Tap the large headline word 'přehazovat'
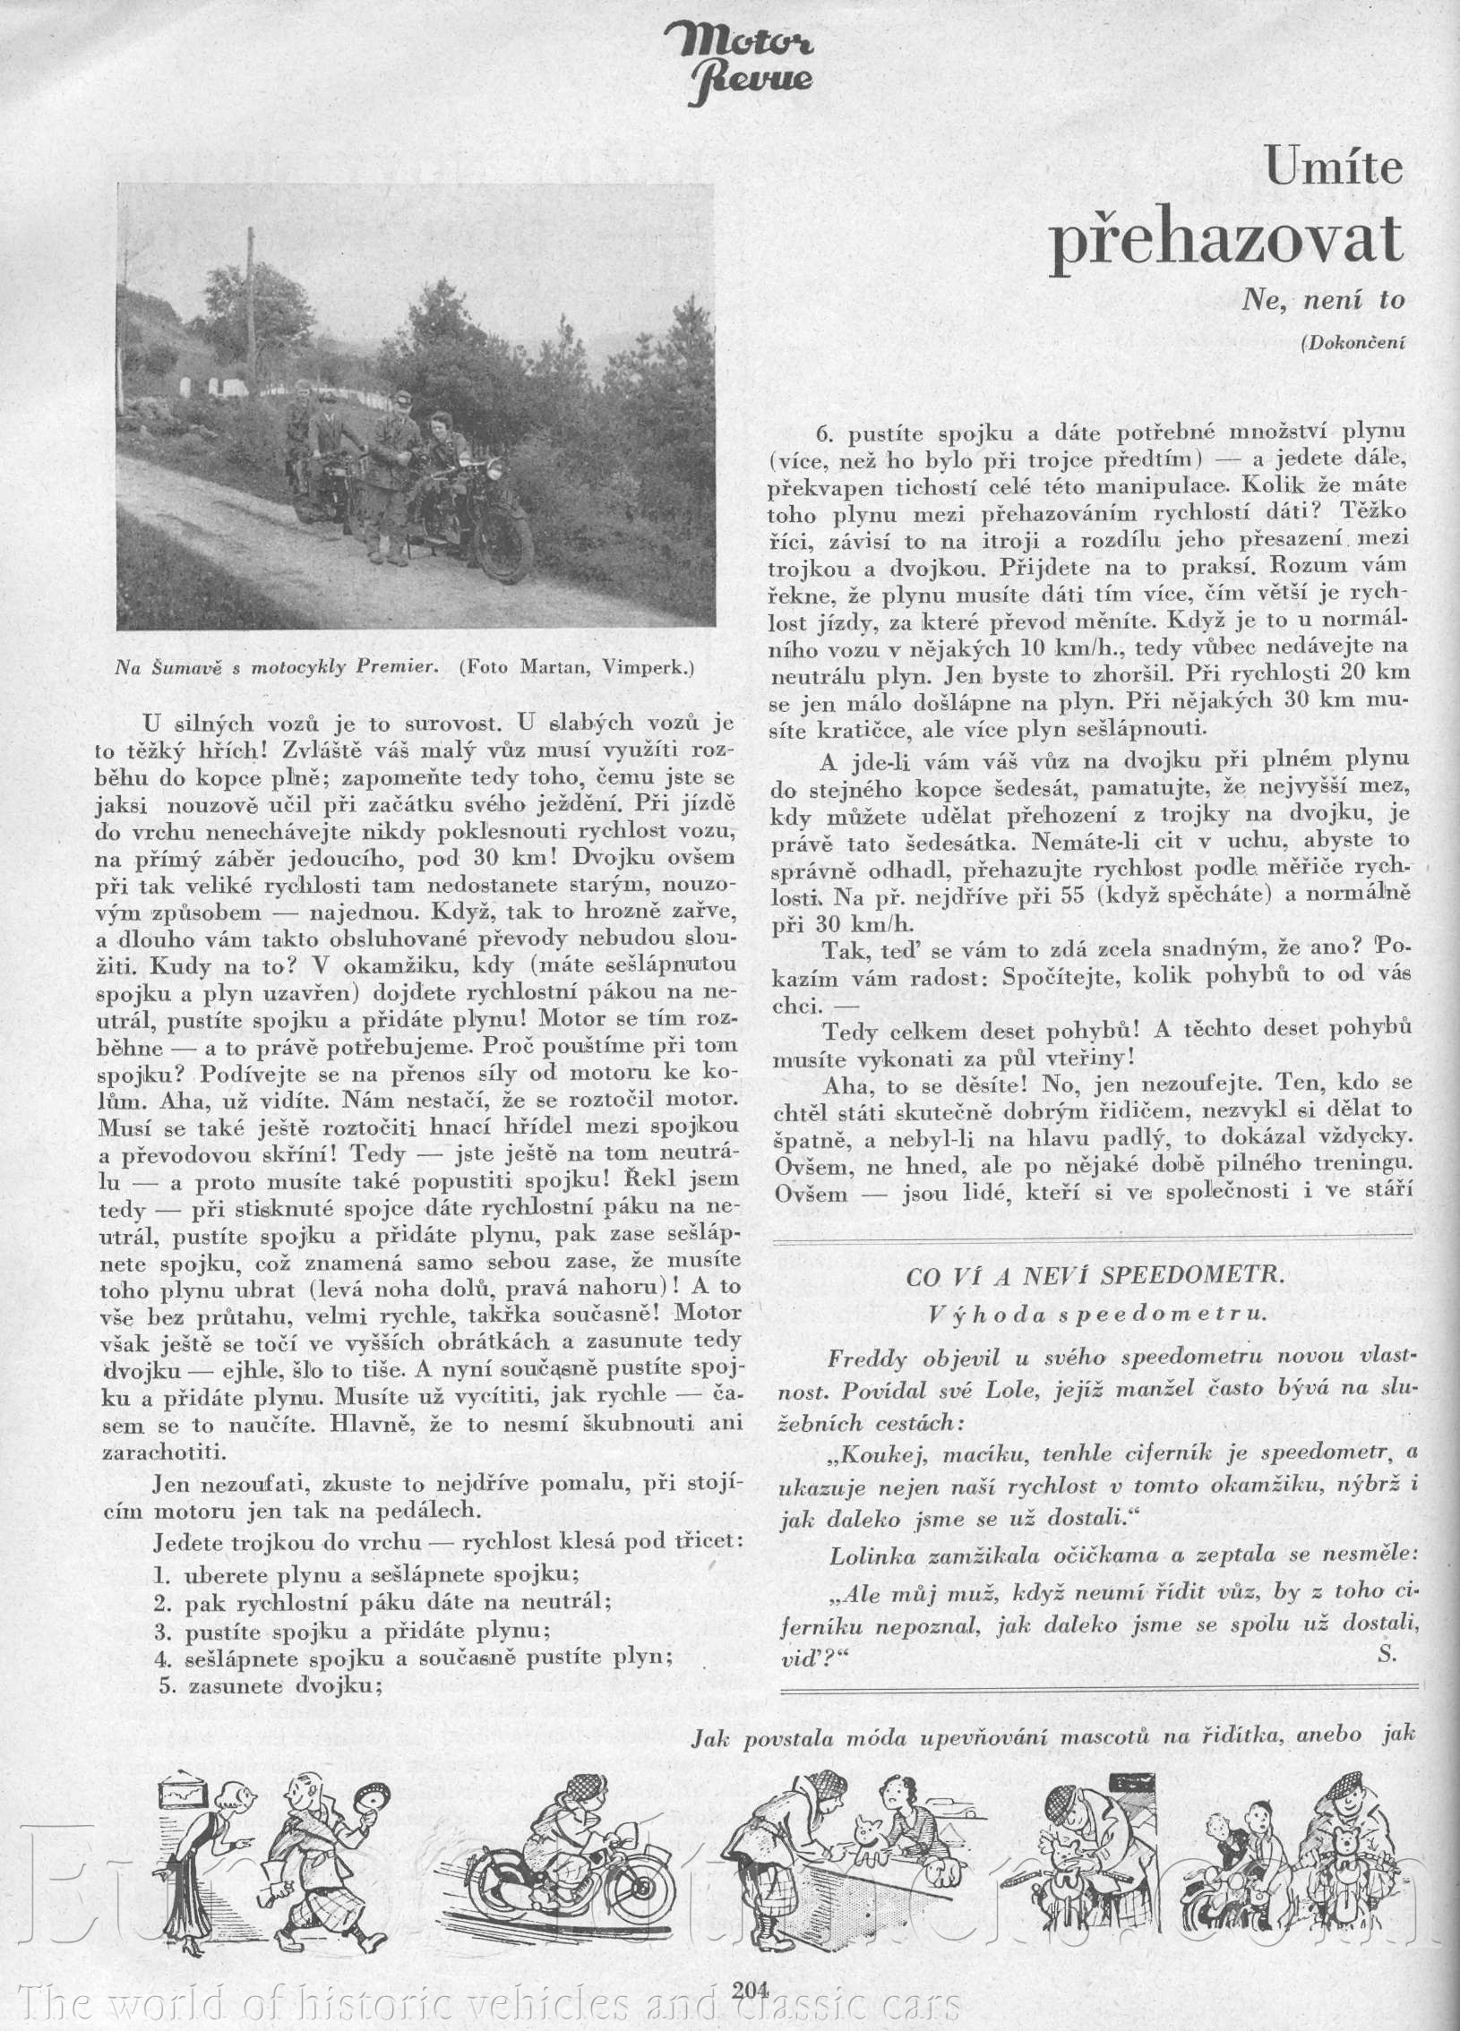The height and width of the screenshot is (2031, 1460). [x=1226, y=239]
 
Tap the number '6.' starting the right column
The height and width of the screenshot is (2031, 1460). [x=825, y=433]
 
